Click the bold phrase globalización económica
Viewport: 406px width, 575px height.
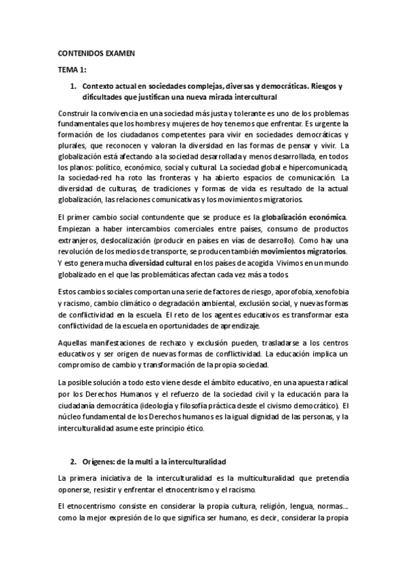pos(313,217)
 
